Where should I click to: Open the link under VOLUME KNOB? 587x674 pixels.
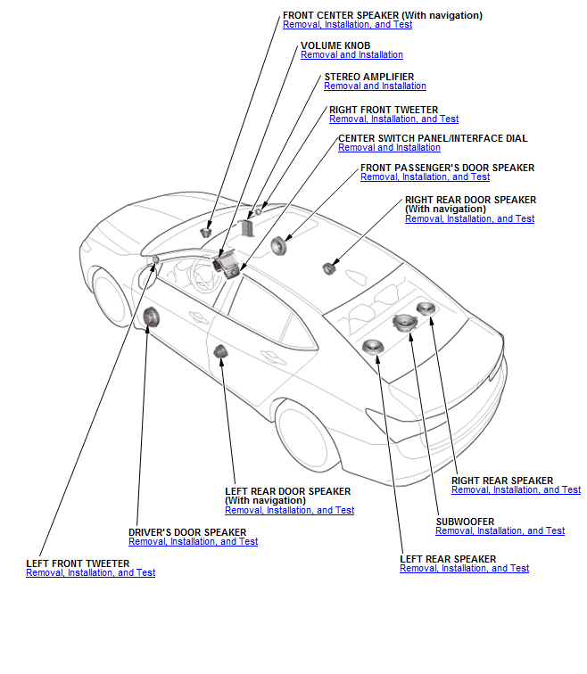click(x=351, y=55)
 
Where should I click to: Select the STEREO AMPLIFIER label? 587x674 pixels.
click(x=368, y=77)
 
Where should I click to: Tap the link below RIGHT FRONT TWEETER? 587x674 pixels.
click(x=393, y=119)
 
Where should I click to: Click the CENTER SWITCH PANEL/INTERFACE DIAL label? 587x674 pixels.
click(x=433, y=138)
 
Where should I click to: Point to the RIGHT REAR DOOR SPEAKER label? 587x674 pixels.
click(x=470, y=200)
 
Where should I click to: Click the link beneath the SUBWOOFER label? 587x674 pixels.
click(x=500, y=530)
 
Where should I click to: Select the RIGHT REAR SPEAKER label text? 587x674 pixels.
click(x=501, y=481)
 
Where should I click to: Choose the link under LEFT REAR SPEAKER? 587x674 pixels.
click(x=464, y=568)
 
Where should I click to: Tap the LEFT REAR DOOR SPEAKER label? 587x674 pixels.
click(x=287, y=491)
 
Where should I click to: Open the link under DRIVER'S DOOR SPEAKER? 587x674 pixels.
click(x=193, y=541)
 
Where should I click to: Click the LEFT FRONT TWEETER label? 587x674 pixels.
click(x=78, y=563)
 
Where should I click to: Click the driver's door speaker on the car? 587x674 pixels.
click(x=150, y=316)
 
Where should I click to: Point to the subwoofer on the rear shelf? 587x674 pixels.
click(x=405, y=322)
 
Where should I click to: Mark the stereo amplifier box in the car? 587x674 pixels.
click(x=244, y=229)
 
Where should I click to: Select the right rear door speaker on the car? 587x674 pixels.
click(x=328, y=268)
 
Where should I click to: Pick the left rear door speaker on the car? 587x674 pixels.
click(x=220, y=351)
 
